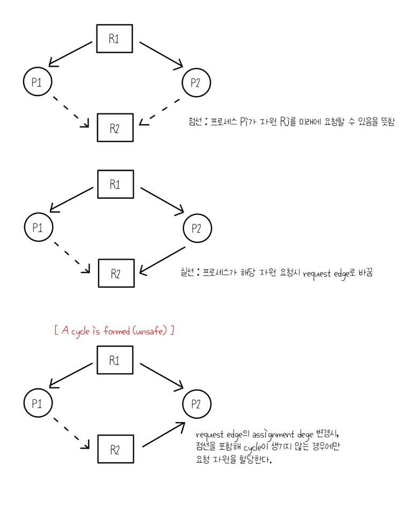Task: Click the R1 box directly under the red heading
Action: coord(115,360)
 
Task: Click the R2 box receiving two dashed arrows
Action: coord(115,128)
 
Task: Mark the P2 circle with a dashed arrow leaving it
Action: coord(196,82)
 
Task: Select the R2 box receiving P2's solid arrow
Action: coord(115,273)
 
